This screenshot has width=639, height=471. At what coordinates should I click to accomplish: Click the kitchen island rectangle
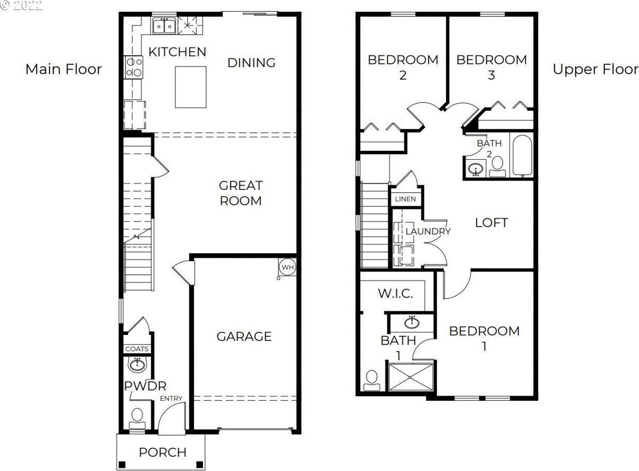[190, 87]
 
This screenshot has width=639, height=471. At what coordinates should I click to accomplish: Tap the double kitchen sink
[164, 26]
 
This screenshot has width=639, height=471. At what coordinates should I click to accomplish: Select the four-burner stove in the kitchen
[133, 68]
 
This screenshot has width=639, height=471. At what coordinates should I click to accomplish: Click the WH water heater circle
[287, 267]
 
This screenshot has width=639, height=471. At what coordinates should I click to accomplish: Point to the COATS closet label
[137, 349]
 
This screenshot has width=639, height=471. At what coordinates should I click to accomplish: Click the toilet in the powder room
[137, 418]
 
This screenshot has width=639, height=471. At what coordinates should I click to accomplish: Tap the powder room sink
[137, 364]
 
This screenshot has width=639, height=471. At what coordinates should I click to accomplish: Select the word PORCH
[162, 452]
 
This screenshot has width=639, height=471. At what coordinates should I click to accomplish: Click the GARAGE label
[244, 337]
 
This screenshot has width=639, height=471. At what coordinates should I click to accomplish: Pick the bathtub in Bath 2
[522, 156]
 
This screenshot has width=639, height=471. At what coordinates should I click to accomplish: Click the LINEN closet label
[405, 199]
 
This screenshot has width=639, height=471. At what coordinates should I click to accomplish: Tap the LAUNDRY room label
[428, 231]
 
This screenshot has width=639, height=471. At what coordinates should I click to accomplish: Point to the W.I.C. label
[395, 293]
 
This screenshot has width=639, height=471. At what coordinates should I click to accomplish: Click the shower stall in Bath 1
[411, 377]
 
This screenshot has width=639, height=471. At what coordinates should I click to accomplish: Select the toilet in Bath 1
[372, 380]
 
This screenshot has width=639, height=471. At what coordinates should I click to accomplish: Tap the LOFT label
[491, 223]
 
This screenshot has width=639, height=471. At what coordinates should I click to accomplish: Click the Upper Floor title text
[596, 70]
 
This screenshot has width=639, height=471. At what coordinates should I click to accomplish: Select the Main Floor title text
[64, 70]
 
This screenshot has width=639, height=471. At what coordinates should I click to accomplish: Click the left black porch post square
[122, 464]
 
